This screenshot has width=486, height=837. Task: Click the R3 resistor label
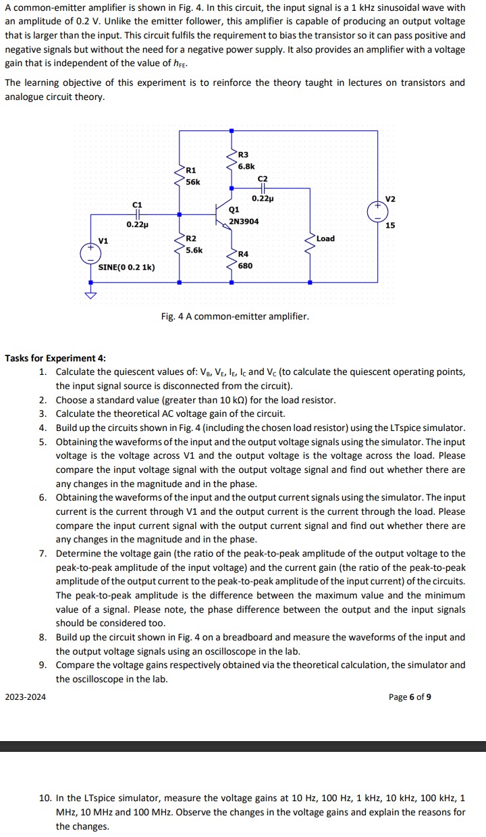[x=244, y=155]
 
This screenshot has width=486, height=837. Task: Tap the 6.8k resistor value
[x=246, y=166]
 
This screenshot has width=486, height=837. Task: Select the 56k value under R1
[x=193, y=182]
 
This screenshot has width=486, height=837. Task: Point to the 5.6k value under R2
[x=194, y=250]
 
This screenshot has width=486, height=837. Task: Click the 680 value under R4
[x=246, y=265]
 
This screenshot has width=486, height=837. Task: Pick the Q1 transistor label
[x=234, y=210]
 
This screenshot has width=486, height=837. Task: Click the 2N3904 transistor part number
[x=244, y=221]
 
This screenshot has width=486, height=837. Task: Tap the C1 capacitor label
[x=137, y=204]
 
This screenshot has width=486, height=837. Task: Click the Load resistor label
[x=325, y=238]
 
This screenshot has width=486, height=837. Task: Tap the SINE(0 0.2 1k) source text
[x=127, y=267]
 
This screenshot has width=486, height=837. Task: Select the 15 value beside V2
[x=390, y=226]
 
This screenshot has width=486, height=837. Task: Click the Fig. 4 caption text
[x=235, y=316]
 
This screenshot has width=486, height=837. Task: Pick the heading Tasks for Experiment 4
[x=55, y=358]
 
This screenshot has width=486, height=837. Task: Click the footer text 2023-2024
[x=26, y=696]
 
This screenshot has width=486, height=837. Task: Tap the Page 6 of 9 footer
[x=410, y=696]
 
